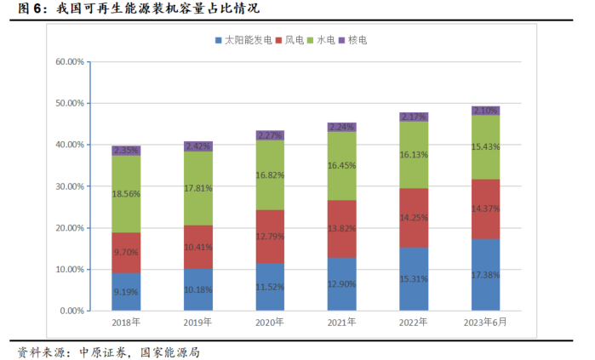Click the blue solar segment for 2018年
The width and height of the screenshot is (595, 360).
click(x=126, y=291)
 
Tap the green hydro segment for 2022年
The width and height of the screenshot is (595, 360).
click(x=414, y=155)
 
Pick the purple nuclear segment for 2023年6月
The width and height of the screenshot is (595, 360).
click(x=485, y=111)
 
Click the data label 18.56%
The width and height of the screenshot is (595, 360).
click(x=126, y=194)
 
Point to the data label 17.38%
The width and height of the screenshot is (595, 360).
click(x=485, y=276)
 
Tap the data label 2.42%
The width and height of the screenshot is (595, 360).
click(x=198, y=146)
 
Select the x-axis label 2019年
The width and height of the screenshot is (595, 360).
click(x=198, y=323)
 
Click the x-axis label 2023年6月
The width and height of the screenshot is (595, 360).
click(x=485, y=323)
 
